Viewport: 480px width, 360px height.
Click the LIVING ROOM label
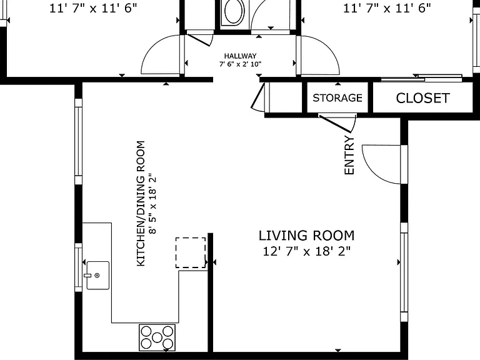coord(306,236)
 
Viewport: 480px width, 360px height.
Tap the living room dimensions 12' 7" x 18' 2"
coord(306,251)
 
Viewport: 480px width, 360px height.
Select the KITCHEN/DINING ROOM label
coord(141,203)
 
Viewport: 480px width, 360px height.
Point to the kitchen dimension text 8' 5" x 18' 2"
coord(152,204)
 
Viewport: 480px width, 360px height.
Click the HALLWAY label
coord(240,56)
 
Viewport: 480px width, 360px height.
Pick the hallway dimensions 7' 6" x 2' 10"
coord(240,64)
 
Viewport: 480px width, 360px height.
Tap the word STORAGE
coord(337,98)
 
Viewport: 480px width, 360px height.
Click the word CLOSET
coord(422,98)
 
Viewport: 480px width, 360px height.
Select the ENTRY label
coord(349,155)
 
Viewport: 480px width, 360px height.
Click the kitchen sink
coord(97,275)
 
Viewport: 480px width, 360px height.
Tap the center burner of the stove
coord(157,337)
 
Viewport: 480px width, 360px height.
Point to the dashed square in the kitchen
coord(191,253)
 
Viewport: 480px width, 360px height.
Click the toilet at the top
coord(234,12)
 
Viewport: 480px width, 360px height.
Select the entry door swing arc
coord(372,174)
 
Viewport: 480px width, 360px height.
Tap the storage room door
coord(337,123)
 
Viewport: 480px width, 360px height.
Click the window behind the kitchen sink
coord(79,267)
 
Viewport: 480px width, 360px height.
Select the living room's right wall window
coord(404,272)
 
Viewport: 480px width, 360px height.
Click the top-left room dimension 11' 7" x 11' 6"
coord(93,8)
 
